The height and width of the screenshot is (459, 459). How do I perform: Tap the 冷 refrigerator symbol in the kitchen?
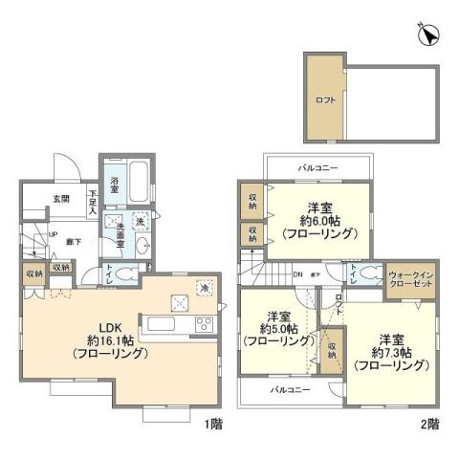point(205,285)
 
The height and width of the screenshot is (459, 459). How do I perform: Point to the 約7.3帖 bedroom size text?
point(389,355)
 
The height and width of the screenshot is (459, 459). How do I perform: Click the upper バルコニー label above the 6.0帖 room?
point(318,167)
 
